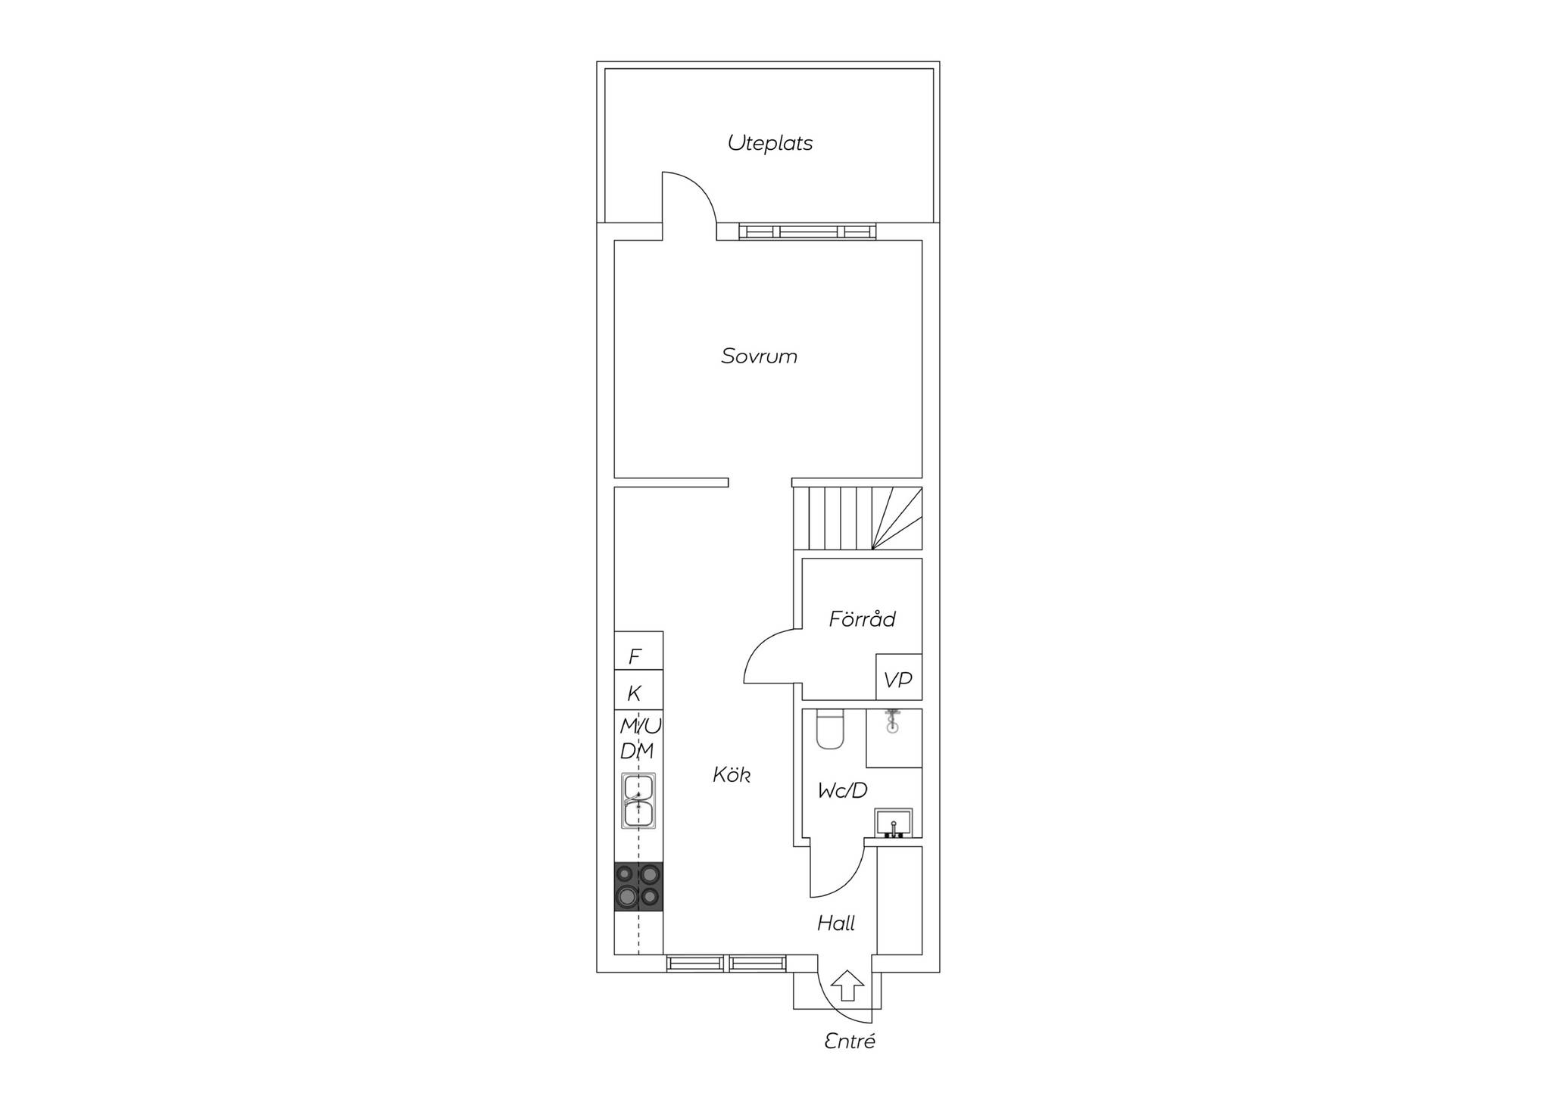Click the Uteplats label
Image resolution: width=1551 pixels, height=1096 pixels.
coord(770,143)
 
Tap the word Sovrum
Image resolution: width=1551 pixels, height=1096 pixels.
coord(759,356)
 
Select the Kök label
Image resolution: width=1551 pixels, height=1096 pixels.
coord(732,774)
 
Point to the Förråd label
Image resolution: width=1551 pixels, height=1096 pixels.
coord(862,618)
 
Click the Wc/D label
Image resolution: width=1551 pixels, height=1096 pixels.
coord(842,791)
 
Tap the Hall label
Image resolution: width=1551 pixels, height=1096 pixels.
coord(836,923)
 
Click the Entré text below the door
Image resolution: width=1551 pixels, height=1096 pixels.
coord(850,1042)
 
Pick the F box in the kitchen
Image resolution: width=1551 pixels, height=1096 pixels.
coord(638,650)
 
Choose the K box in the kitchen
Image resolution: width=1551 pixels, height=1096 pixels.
coord(638,689)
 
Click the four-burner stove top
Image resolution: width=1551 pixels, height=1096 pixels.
coord(638,887)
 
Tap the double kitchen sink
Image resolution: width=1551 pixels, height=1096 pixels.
coord(638,800)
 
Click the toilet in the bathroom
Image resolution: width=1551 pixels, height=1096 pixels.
coord(830,729)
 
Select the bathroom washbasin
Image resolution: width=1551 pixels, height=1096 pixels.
coord(894,824)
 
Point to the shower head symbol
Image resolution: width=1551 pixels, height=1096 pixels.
coord(894,721)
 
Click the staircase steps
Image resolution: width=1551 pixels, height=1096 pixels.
coord(858,518)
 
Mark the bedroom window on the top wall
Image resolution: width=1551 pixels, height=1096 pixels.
coord(807,232)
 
